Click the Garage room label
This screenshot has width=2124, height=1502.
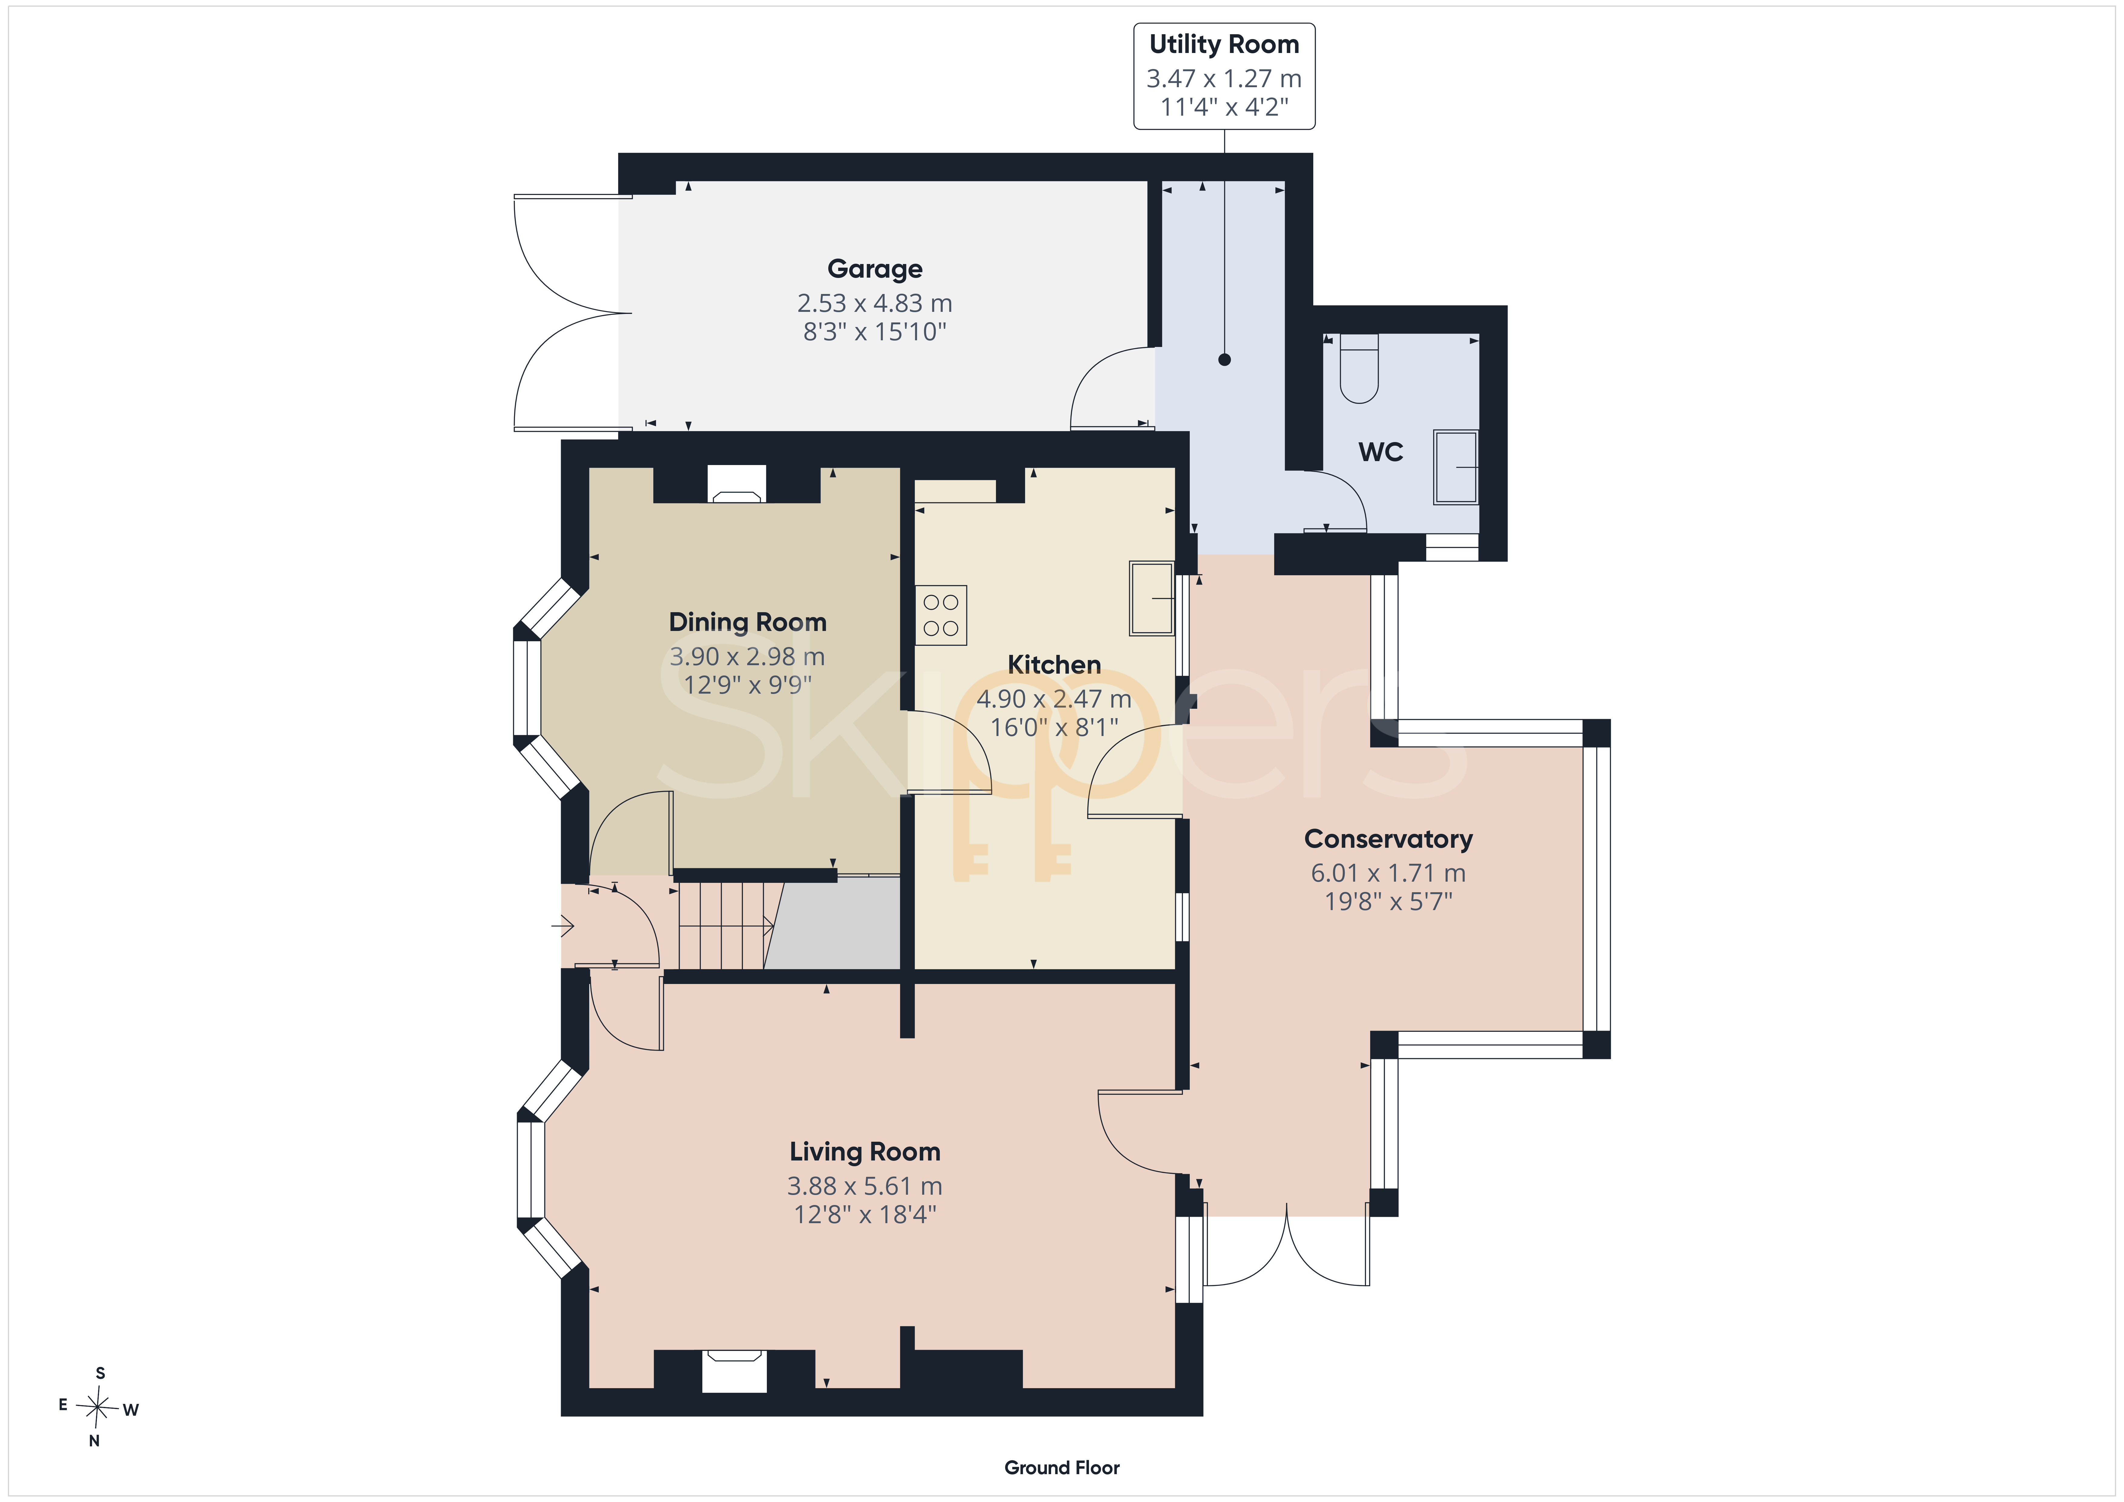click(x=874, y=269)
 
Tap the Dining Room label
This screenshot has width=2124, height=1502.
click(x=747, y=622)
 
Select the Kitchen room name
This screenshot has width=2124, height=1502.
click(x=1054, y=665)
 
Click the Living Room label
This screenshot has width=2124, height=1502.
click(x=865, y=1152)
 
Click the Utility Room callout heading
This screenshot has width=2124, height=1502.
click(x=1224, y=45)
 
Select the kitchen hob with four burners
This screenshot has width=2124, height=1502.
click(x=941, y=615)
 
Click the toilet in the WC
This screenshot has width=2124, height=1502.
click(x=1359, y=368)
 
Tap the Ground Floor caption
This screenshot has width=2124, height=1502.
click(x=1062, y=1468)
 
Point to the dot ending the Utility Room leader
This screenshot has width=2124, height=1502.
click(x=1225, y=360)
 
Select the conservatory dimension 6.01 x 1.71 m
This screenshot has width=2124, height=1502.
click(x=1388, y=873)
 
